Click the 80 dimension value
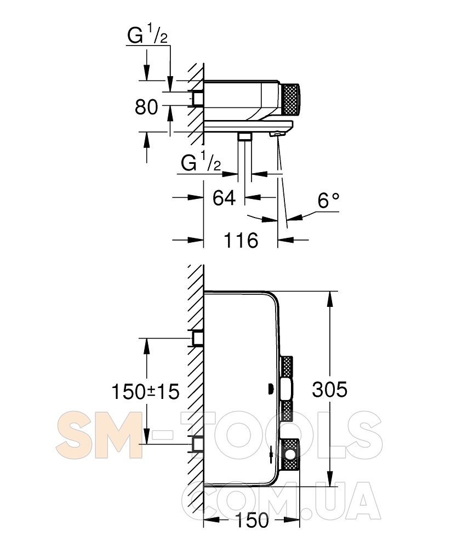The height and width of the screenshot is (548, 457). [146, 107]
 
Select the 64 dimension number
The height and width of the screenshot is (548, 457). [224, 198]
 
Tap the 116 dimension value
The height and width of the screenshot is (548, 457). [241, 241]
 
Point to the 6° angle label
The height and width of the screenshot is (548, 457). [328, 201]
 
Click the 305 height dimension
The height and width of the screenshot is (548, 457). [329, 389]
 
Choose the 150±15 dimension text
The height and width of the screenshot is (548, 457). [145, 391]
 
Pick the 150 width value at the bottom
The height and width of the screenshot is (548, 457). [252, 520]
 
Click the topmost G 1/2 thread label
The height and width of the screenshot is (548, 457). [147, 36]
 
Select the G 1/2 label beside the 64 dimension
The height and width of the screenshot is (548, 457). [201, 162]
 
